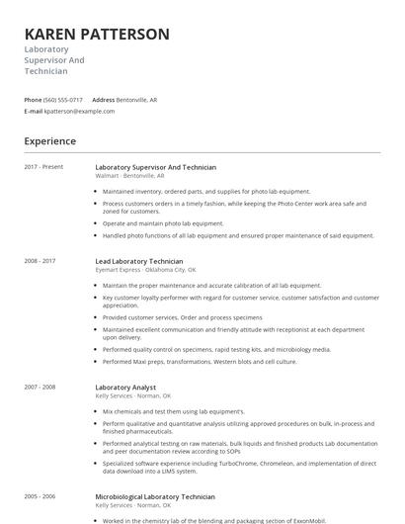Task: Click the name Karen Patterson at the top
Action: pyautogui.click(x=97, y=34)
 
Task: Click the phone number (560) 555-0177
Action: pyautogui.click(x=64, y=100)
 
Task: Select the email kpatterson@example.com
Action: pyautogui.click(x=80, y=111)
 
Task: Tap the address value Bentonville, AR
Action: pyautogui.click(x=137, y=100)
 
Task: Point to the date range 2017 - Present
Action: pyautogui.click(x=44, y=167)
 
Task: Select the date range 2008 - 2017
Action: pyautogui.click(x=40, y=261)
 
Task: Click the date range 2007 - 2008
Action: pyautogui.click(x=40, y=387)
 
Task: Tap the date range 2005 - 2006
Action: pyautogui.click(x=40, y=496)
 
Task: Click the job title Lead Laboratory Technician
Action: pyautogui.click(x=139, y=261)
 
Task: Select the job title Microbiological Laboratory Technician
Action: pyautogui.click(x=155, y=496)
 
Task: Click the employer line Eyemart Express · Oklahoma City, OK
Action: pyautogui.click(x=145, y=270)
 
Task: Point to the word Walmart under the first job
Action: pyautogui.click(x=107, y=176)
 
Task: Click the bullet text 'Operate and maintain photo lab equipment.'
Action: pyautogui.click(x=163, y=223)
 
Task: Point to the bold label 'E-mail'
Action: pyautogui.click(x=34, y=111)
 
